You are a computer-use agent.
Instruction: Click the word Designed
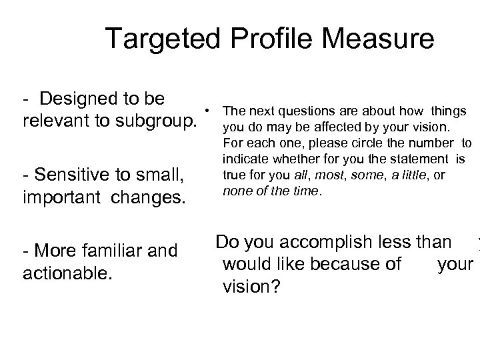[x=101, y=99]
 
